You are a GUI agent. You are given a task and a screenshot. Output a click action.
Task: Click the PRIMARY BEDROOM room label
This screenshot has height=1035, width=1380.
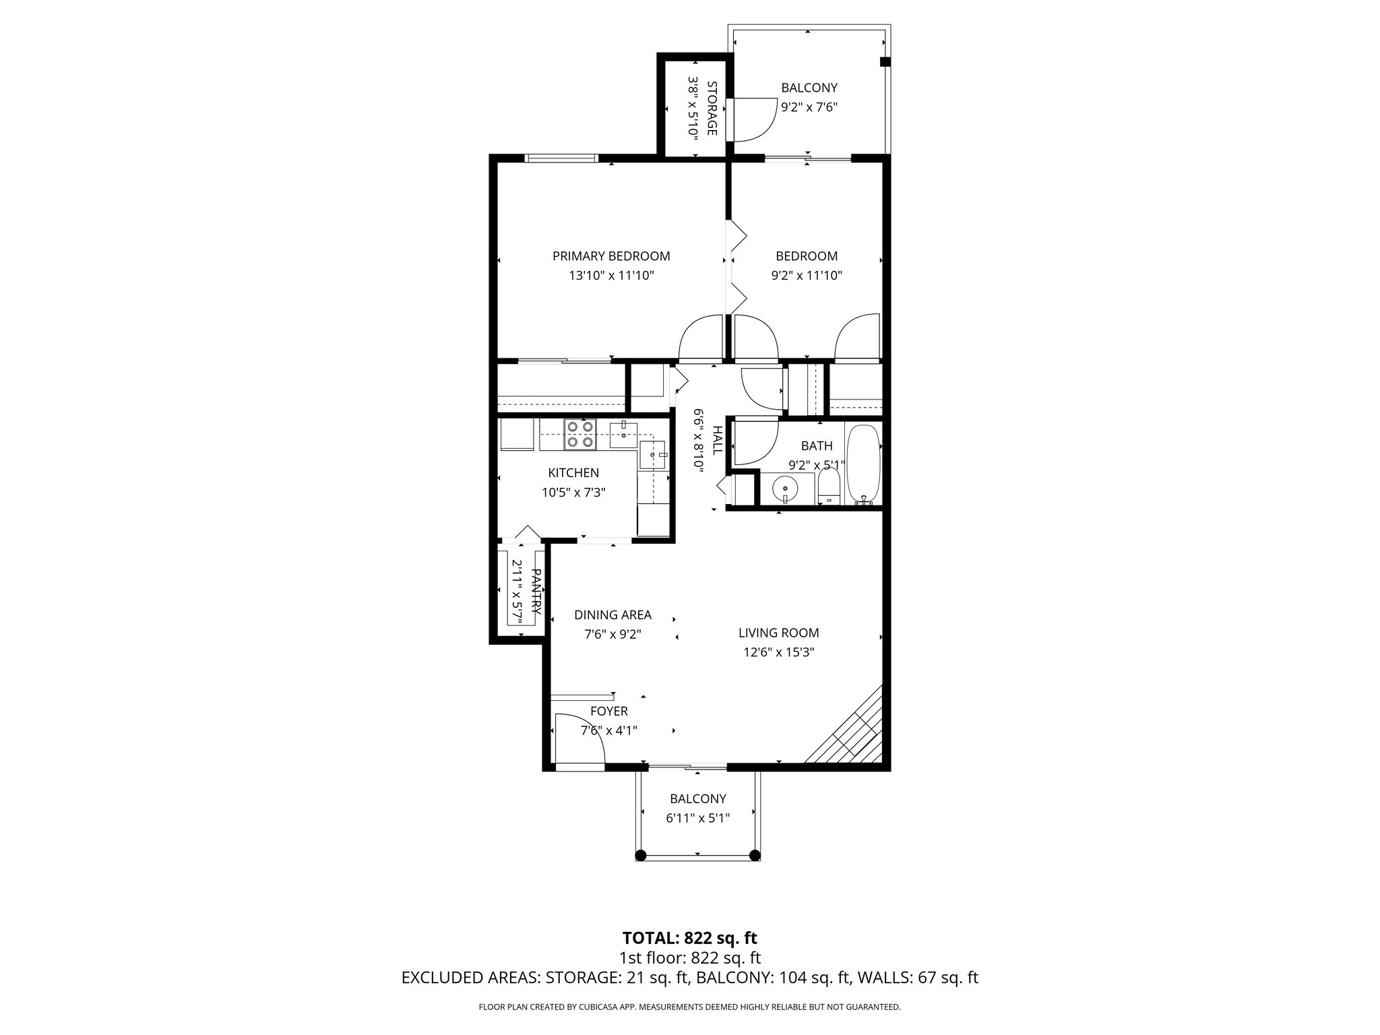coord(611,256)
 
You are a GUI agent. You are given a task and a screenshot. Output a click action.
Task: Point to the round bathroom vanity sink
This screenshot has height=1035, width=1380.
coord(785,488)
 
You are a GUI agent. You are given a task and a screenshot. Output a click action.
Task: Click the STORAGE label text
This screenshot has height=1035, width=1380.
coord(711,108)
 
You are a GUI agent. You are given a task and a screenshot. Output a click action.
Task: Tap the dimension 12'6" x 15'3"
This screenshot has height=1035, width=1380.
coord(778,652)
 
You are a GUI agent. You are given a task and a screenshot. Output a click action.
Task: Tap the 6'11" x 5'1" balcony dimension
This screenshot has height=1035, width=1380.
coord(697,818)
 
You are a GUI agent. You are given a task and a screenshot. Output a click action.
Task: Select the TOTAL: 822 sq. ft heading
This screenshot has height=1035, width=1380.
coord(689,938)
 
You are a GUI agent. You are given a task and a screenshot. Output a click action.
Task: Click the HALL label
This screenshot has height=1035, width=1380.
coord(718,440)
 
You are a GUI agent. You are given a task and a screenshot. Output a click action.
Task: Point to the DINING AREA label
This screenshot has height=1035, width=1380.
coord(613,615)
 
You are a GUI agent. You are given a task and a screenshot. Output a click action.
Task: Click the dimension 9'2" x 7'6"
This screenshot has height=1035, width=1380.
coord(809,106)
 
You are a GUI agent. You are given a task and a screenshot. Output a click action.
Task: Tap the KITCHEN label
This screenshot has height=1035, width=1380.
coord(573,473)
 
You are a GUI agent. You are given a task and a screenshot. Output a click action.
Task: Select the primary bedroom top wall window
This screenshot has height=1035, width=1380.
coord(561,158)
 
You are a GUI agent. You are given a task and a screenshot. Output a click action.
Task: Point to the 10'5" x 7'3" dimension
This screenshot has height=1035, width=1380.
coord(573,493)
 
